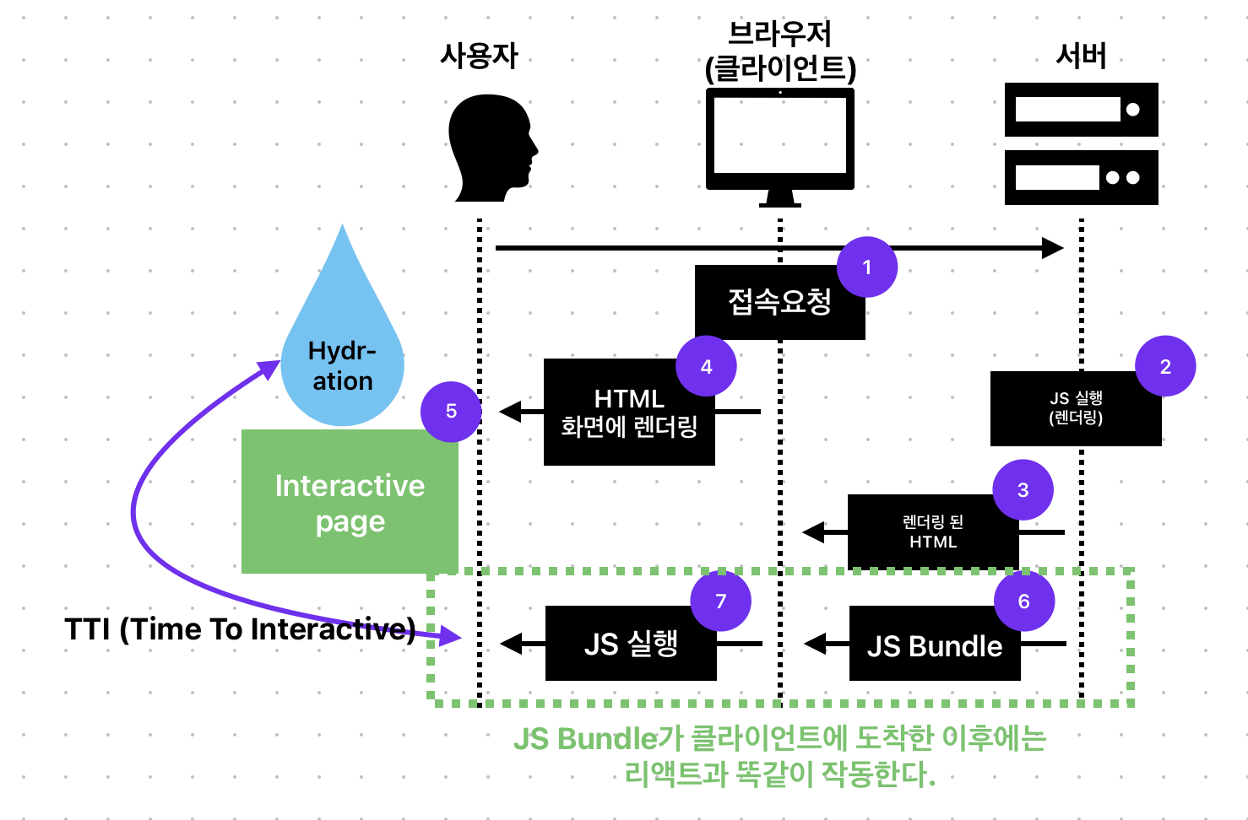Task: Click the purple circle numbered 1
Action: pyautogui.click(x=867, y=267)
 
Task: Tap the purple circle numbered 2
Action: pyautogui.click(x=1165, y=366)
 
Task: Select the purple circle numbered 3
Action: pyautogui.click(x=1023, y=490)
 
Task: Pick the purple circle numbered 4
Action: pyautogui.click(x=706, y=366)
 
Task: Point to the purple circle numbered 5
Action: pyautogui.click(x=451, y=411)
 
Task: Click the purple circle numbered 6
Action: pyautogui.click(x=1023, y=602)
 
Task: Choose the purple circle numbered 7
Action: pyautogui.click(x=720, y=602)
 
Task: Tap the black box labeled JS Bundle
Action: pyautogui.click(x=934, y=646)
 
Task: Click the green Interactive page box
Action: pyautogui.click(x=350, y=504)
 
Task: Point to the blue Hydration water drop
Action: pyautogui.click(x=343, y=354)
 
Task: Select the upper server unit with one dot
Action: pyautogui.click(x=1081, y=110)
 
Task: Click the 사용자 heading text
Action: pyautogui.click(x=479, y=56)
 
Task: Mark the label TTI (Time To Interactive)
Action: pyautogui.click(x=240, y=629)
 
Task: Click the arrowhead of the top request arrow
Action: pyautogui.click(x=1052, y=248)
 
